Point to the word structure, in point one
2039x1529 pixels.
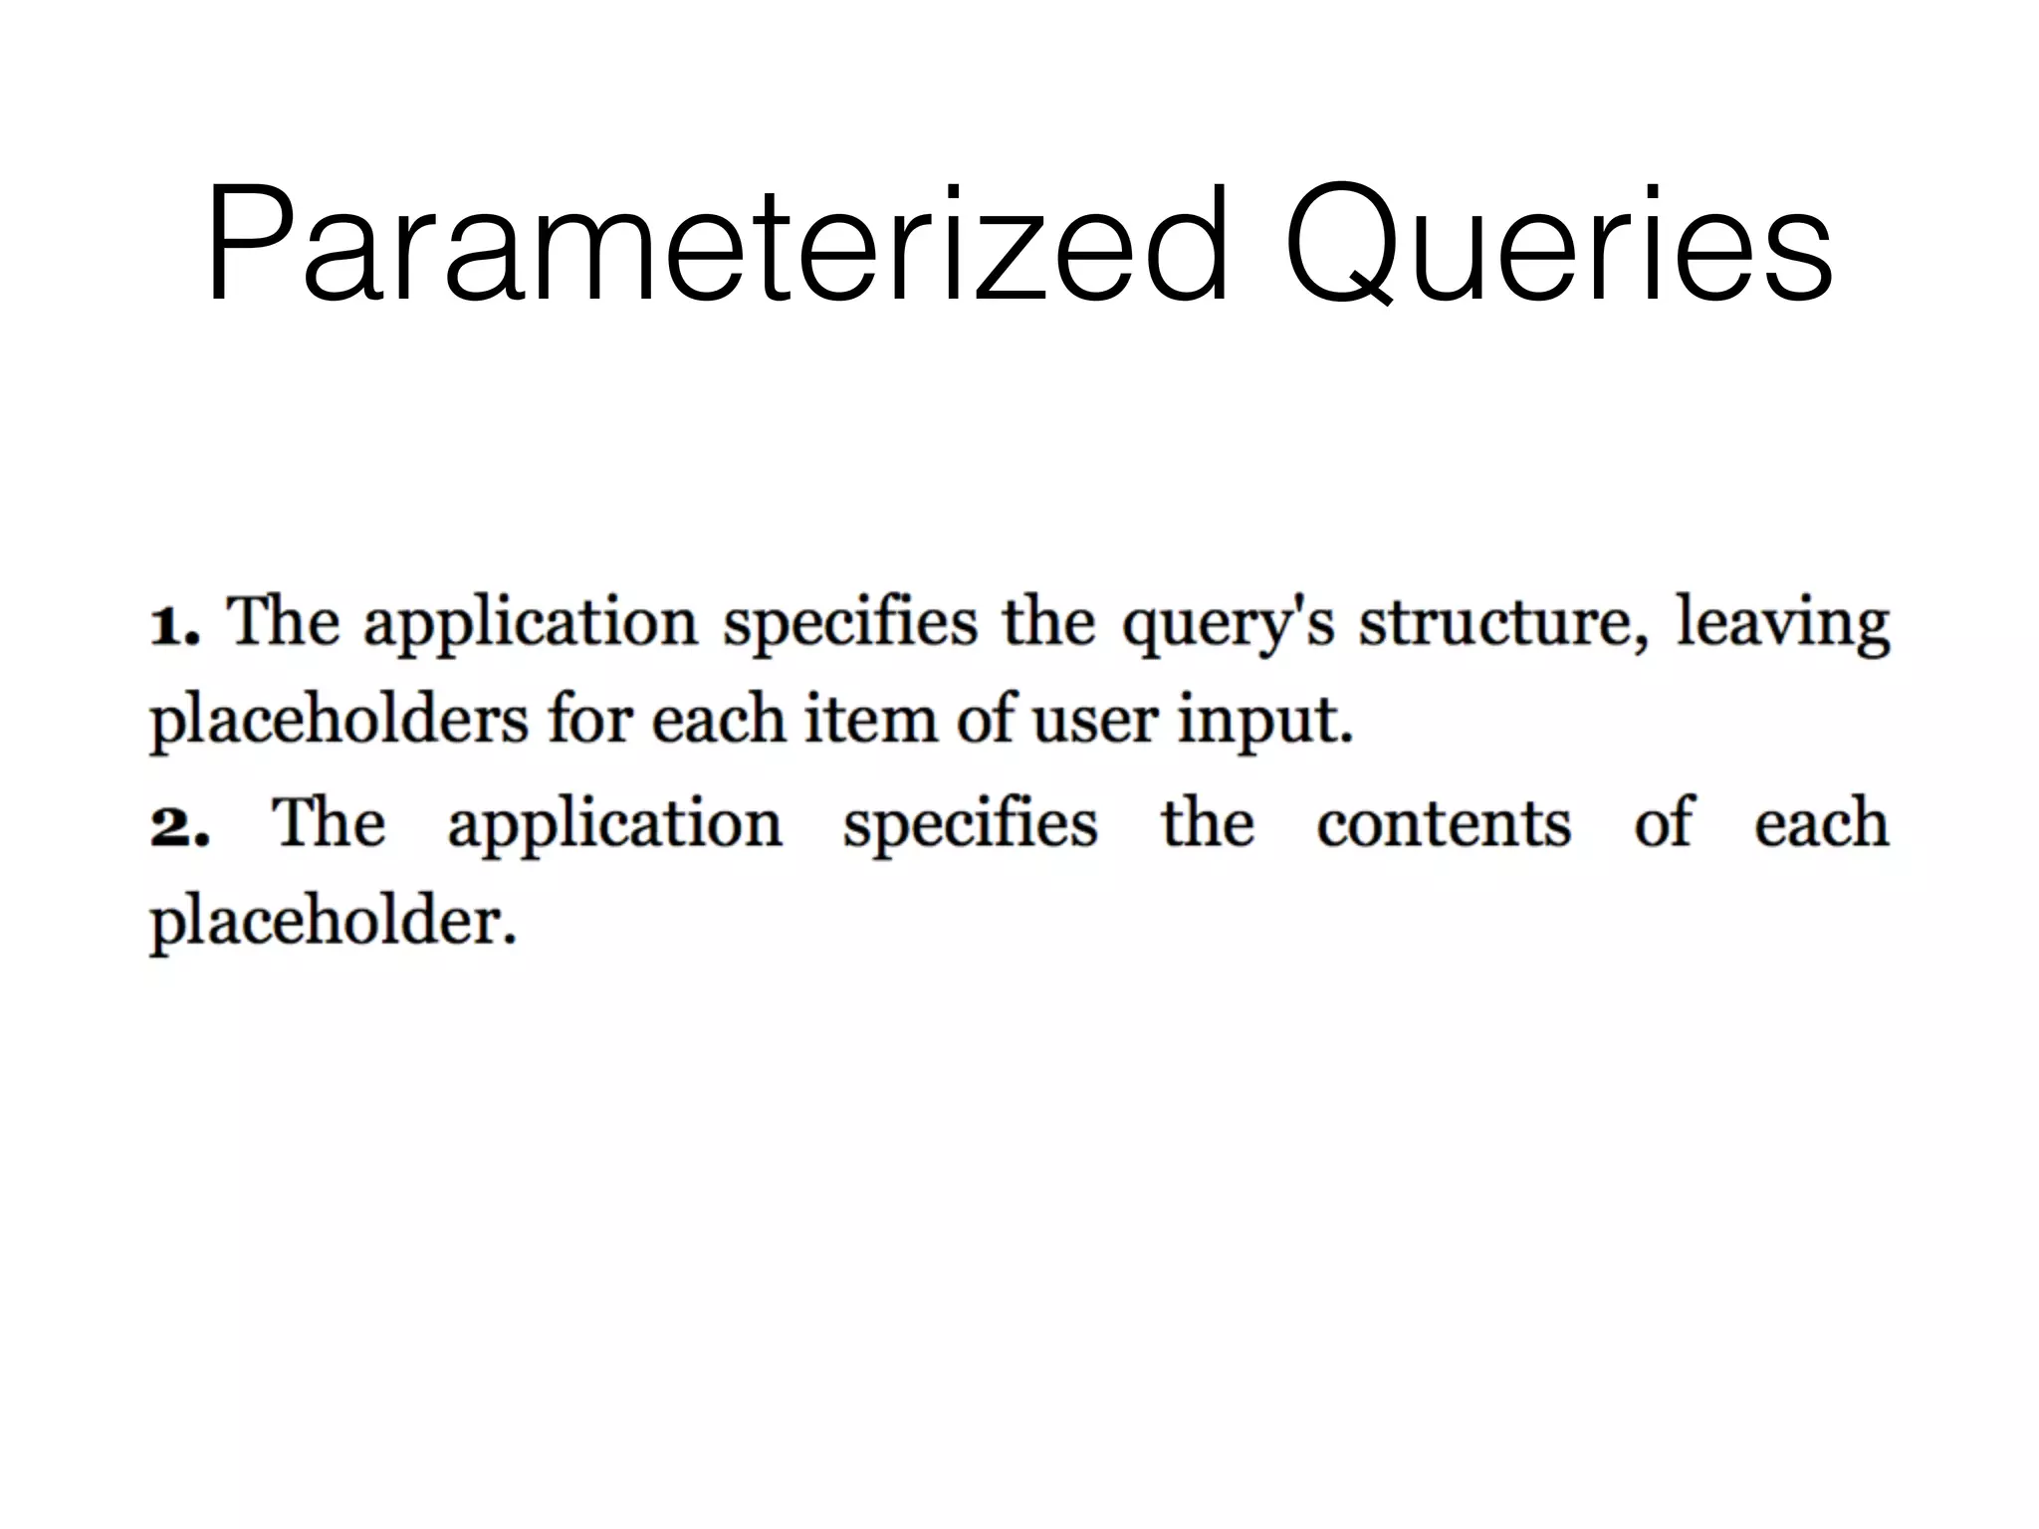[1503, 623]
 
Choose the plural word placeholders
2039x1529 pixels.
[339, 721]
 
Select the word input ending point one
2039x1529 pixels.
[1264, 723]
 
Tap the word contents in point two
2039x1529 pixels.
[1443, 824]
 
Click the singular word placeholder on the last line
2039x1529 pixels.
[333, 922]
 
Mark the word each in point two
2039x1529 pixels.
[1821, 824]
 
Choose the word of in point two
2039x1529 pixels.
[1663, 824]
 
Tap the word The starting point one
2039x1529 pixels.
[283, 621]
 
